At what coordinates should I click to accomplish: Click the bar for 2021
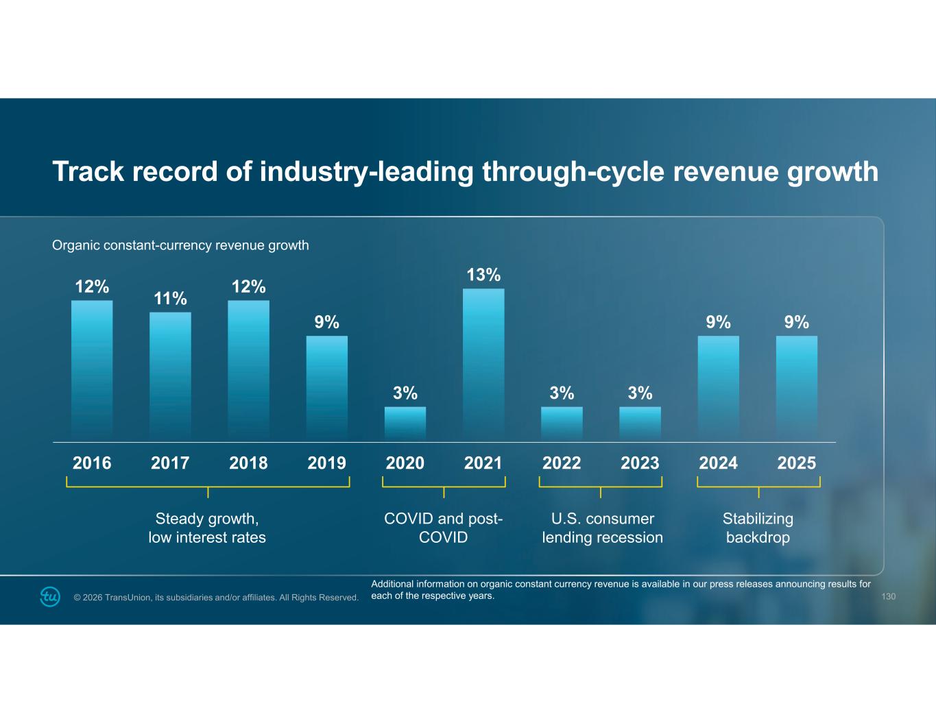[x=483, y=364]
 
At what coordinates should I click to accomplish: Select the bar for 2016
[x=92, y=370]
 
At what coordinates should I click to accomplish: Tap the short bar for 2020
[x=405, y=424]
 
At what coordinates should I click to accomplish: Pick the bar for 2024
[x=718, y=388]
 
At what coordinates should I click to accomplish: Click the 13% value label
[x=483, y=275]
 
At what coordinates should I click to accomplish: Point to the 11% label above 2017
[x=170, y=299]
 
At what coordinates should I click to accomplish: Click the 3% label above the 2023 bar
[x=640, y=393]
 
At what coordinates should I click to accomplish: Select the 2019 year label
[x=326, y=463]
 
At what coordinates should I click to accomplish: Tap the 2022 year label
[x=562, y=463]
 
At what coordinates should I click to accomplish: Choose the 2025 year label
[x=796, y=463]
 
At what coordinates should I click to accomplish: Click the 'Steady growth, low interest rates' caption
[x=207, y=528]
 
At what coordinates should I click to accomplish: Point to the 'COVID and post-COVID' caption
[x=444, y=528]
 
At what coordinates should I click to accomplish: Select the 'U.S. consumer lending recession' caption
[x=602, y=528]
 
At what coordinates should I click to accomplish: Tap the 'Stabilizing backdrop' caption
[x=758, y=528]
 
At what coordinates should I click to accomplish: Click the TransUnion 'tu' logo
[x=50, y=596]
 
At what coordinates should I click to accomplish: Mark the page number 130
[x=888, y=597]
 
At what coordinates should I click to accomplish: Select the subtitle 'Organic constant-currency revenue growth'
[x=180, y=245]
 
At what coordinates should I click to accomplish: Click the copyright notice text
[x=216, y=598]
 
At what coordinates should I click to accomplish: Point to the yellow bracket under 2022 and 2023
[x=601, y=486]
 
